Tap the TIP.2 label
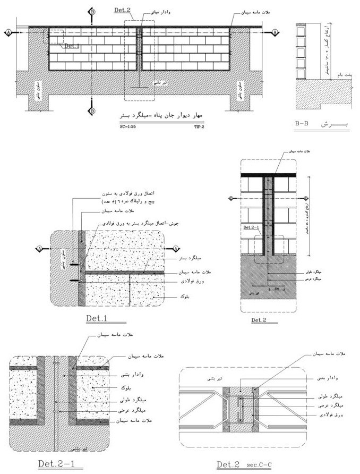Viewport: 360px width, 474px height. pos(200,128)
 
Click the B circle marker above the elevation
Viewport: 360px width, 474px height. pos(93,12)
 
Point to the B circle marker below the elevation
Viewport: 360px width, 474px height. pos(93,111)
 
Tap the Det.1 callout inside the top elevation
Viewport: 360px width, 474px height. pos(72,46)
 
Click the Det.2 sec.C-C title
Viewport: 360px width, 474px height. pos(245,465)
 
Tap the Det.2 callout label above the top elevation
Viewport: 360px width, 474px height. pos(123,10)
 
